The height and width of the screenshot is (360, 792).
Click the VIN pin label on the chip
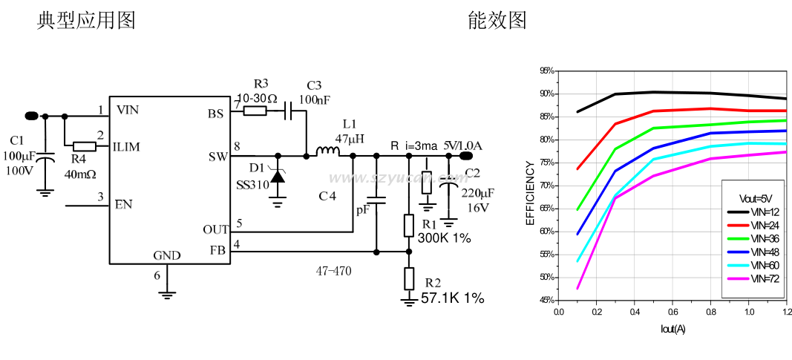(x=128, y=111)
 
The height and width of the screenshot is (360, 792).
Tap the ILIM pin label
(x=127, y=147)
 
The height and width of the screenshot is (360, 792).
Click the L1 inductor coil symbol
(x=327, y=152)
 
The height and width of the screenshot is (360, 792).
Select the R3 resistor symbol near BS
(x=255, y=111)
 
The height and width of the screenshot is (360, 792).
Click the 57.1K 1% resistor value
(x=452, y=298)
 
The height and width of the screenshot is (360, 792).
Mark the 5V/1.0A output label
(x=463, y=145)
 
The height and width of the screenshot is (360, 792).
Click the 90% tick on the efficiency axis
(x=547, y=94)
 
